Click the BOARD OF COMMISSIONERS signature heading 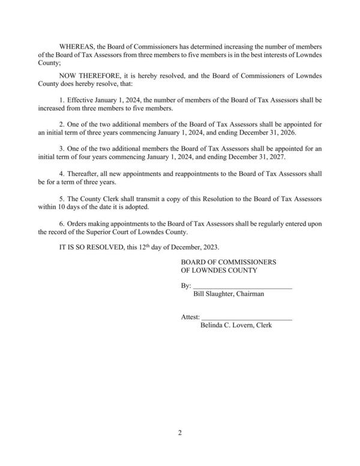tap(228, 262)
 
